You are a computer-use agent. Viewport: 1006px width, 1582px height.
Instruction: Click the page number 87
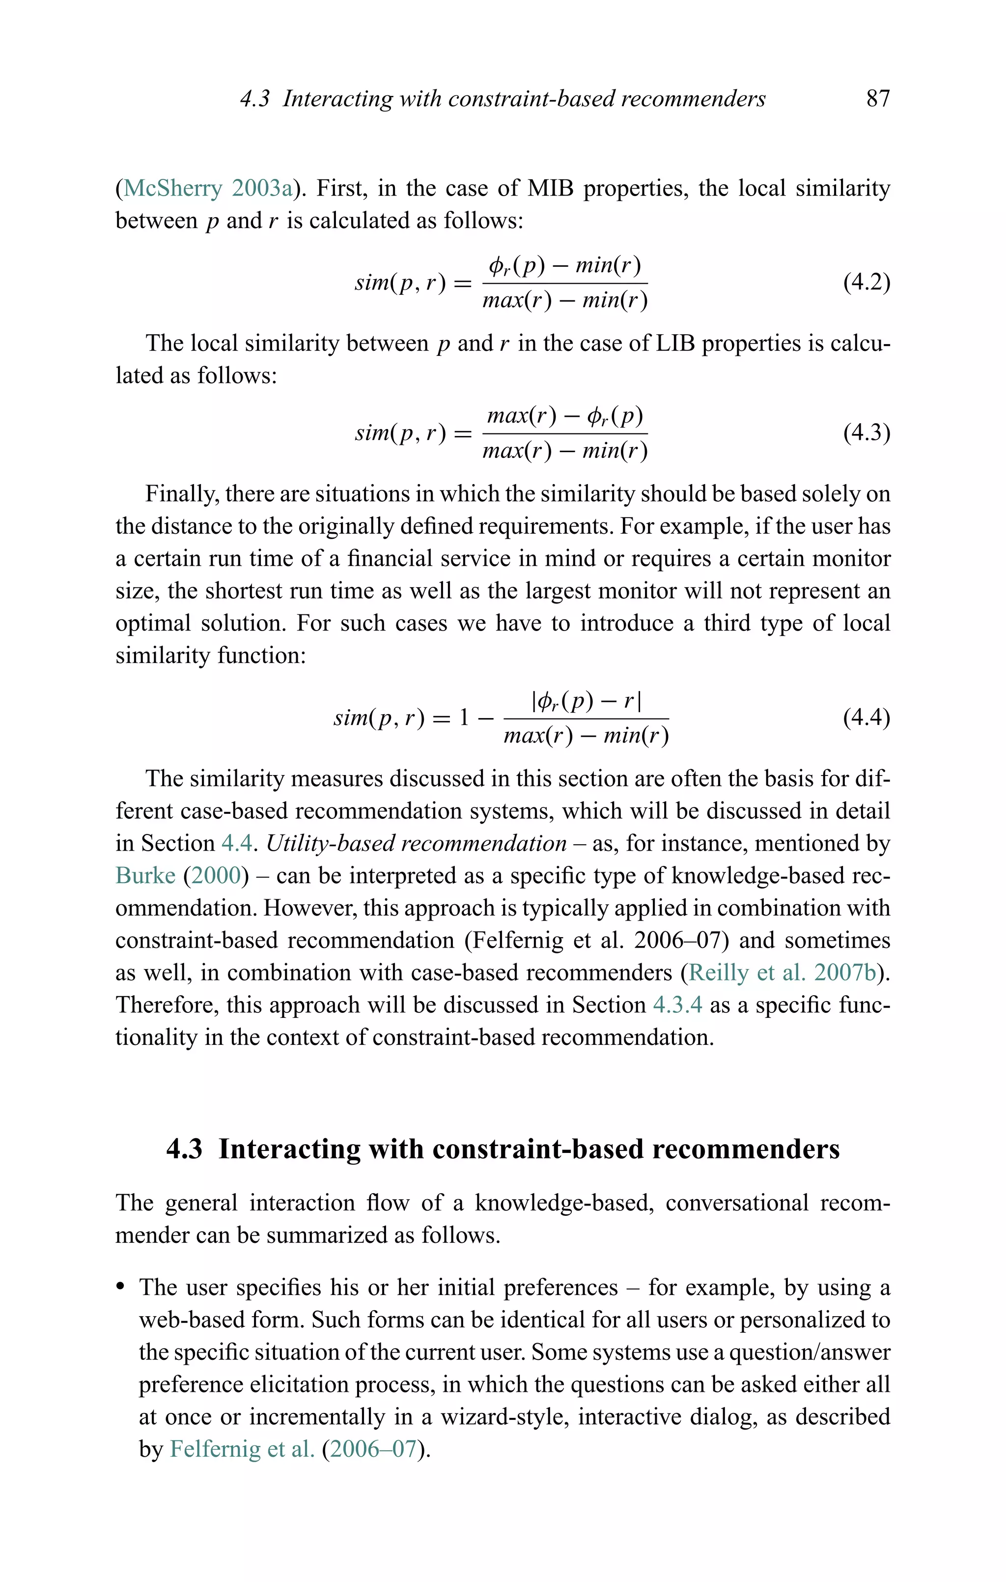pyautogui.click(x=877, y=99)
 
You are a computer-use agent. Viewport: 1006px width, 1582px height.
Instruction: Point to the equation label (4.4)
pyautogui.click(x=866, y=717)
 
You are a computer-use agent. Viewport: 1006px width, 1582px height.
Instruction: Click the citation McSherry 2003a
pyautogui.click(x=208, y=189)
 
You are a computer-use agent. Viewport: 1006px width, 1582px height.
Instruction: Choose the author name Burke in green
pyautogui.click(x=145, y=876)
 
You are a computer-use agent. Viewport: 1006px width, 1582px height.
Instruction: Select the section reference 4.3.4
pyautogui.click(x=677, y=1005)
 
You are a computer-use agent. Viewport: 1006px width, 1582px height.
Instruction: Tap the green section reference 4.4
pyautogui.click(x=236, y=843)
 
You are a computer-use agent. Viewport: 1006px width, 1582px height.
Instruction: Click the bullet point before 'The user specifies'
pyautogui.click(x=120, y=1288)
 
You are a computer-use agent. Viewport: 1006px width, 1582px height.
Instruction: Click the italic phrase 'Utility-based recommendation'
pyautogui.click(x=416, y=843)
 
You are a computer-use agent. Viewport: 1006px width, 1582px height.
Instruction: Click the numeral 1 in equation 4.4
pyautogui.click(x=464, y=717)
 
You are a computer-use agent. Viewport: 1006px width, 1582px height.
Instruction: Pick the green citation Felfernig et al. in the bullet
pyautogui.click(x=242, y=1449)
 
